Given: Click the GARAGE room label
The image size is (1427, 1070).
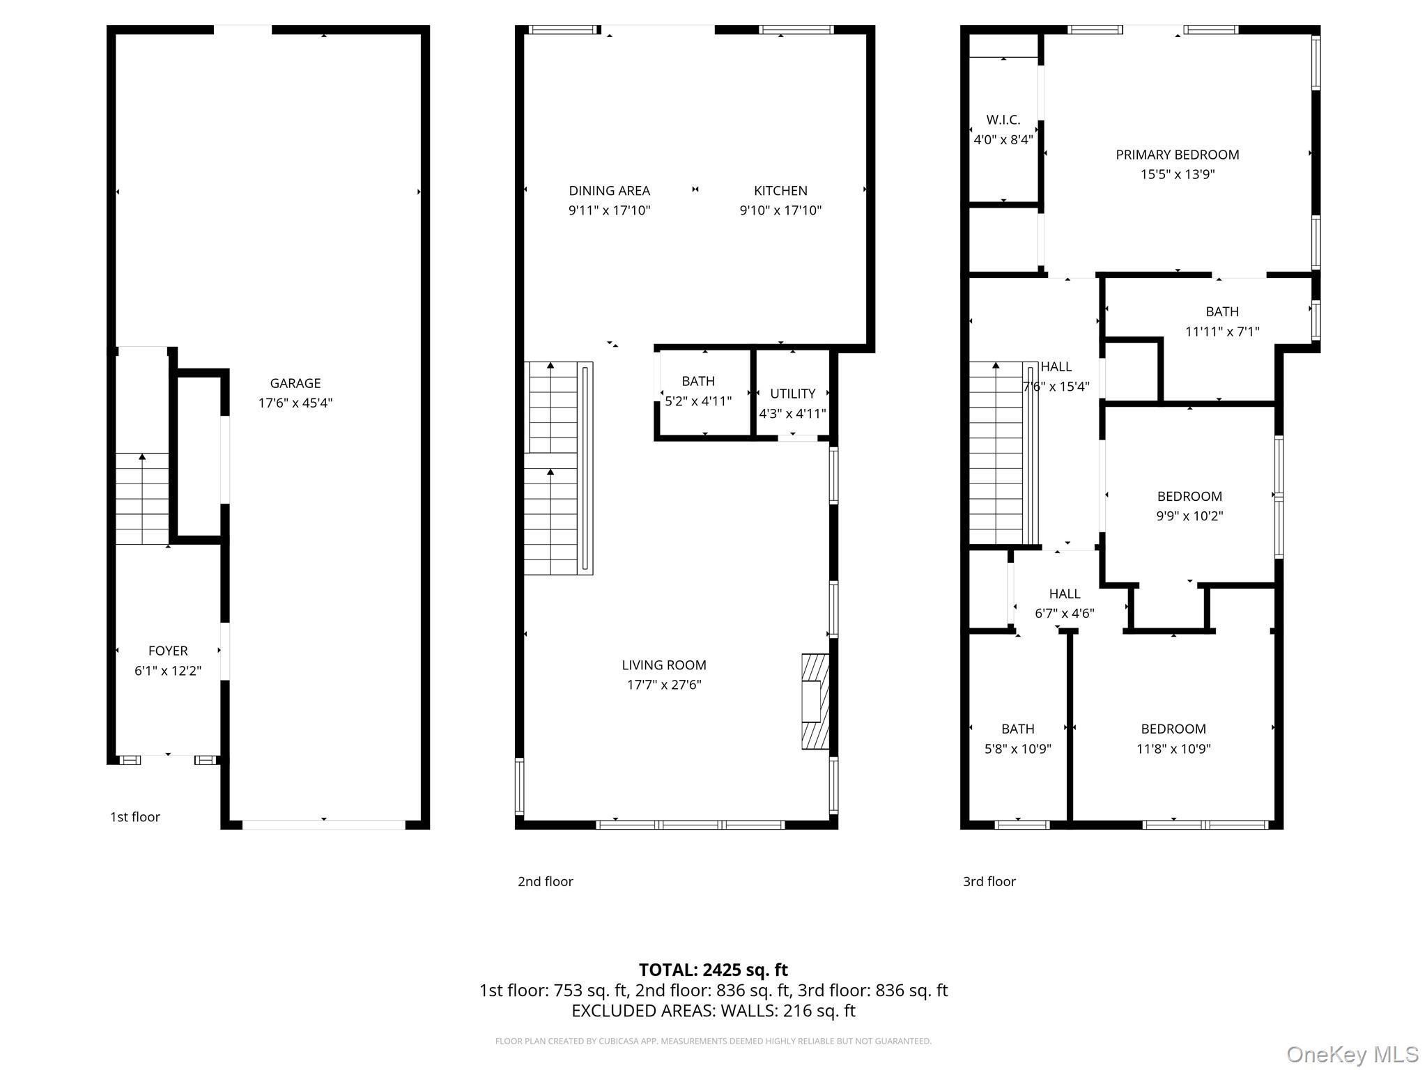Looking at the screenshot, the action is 295,383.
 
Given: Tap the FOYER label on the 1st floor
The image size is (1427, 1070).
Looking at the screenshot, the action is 168,651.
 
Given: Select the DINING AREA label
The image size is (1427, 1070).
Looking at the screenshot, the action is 610,191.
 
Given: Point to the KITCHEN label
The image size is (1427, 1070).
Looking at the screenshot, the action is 780,191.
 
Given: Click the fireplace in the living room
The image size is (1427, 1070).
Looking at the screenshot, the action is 815,701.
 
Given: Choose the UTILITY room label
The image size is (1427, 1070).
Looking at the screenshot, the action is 793,394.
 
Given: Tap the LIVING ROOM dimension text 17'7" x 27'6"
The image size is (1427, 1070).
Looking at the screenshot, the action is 664,685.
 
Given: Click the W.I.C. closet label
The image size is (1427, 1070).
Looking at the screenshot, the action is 1003,120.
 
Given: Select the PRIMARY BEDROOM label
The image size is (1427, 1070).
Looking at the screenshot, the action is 1178,155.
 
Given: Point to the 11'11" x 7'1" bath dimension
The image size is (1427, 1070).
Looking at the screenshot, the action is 1222,332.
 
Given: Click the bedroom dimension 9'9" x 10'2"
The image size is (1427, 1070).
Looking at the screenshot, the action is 1189,516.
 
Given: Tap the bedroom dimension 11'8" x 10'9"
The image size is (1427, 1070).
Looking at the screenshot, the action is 1173,749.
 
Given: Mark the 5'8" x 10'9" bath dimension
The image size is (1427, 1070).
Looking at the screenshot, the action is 1018,749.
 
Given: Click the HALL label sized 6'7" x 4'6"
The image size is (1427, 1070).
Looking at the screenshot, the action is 1065,594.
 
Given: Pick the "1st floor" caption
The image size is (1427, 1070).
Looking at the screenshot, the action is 135,817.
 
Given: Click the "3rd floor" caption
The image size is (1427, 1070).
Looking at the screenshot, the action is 989,881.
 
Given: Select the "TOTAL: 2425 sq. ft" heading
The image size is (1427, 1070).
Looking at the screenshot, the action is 713,970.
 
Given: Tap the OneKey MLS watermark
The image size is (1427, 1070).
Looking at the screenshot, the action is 1352,1054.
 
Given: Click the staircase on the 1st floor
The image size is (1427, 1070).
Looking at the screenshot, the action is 142,499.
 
